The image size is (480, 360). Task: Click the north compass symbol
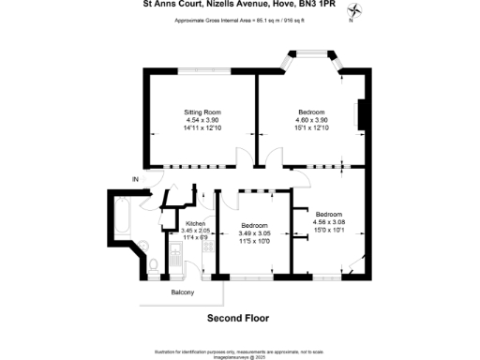(354, 12)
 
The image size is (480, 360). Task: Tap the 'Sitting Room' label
(202, 112)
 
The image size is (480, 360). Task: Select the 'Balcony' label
(183, 293)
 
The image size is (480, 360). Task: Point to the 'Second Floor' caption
(238, 318)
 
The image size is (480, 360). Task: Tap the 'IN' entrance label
(135, 179)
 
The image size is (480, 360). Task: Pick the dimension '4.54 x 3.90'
(202, 120)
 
